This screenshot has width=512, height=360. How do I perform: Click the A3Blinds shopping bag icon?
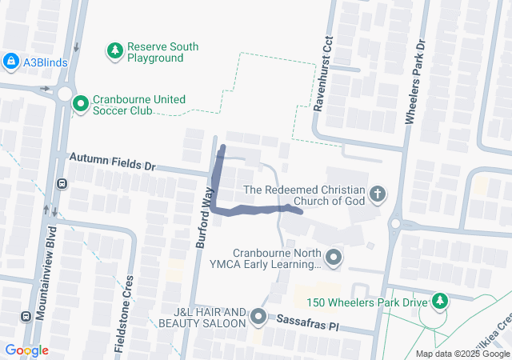tap(11, 61)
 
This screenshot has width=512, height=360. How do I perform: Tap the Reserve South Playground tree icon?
tap(115, 52)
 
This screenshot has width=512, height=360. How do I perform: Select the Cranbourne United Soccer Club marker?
tap(81, 104)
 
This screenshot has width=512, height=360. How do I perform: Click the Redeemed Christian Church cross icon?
tap(377, 194)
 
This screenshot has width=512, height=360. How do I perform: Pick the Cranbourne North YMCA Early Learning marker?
tap(334, 257)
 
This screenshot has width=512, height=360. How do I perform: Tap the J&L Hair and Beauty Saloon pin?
tap(258, 318)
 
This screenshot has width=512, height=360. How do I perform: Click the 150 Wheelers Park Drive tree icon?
tap(439, 301)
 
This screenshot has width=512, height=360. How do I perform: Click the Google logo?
tap(27, 350)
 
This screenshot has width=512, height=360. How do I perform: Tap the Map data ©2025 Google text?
tap(462, 354)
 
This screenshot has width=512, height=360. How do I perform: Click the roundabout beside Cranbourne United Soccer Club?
tap(64, 94)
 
